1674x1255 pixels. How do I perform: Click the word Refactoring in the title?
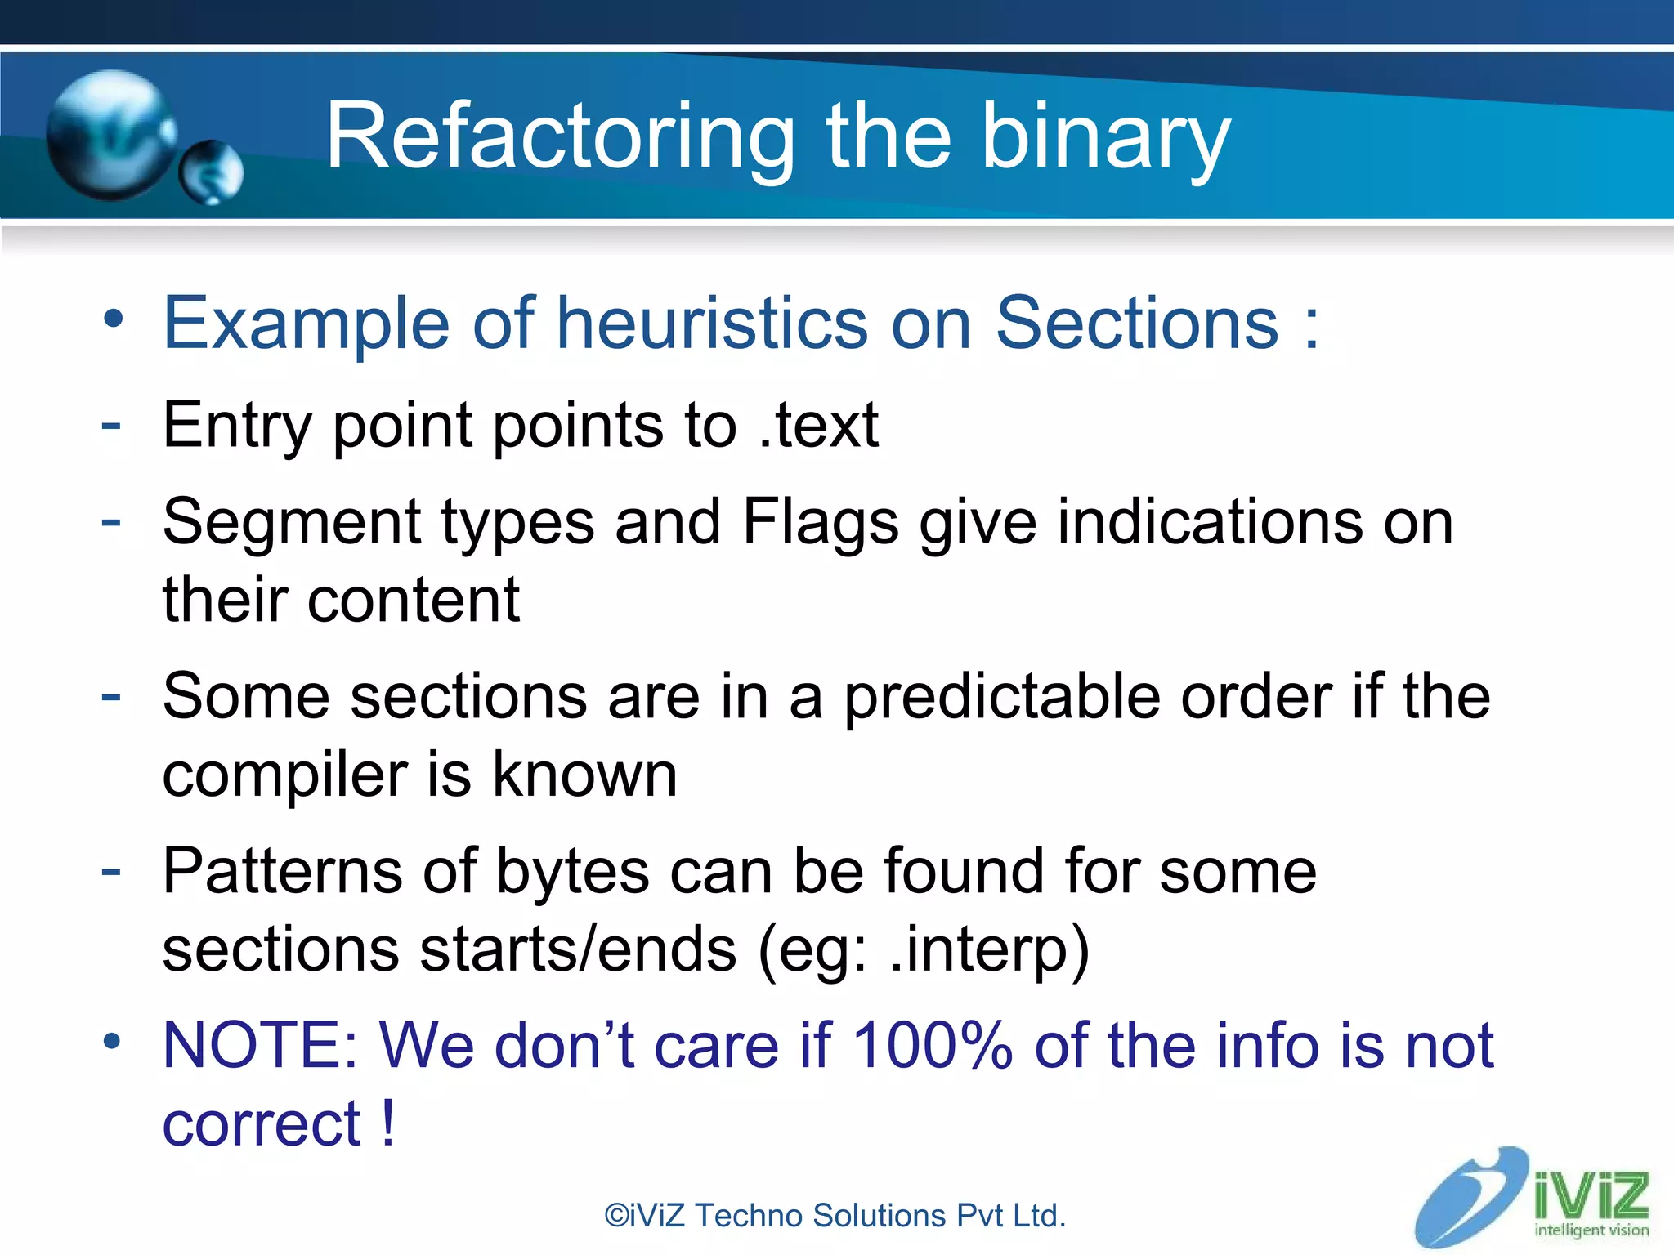point(560,137)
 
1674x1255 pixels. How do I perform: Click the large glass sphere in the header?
point(110,136)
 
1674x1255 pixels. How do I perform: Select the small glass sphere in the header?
point(211,172)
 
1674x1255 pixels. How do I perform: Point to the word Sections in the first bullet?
point(1136,324)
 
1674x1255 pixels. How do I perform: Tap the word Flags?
point(821,523)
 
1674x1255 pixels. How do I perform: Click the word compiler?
point(284,775)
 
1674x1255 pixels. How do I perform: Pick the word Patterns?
point(283,871)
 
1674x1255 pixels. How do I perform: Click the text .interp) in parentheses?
point(990,949)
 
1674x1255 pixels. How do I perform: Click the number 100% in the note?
point(932,1046)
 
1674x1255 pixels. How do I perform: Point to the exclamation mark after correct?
point(388,1123)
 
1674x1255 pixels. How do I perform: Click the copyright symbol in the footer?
point(616,1216)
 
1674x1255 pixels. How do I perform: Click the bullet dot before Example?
point(113,319)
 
